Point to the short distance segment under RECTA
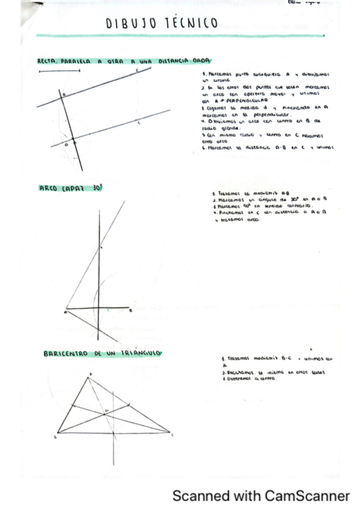(x=58, y=71)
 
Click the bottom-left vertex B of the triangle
(x=58, y=432)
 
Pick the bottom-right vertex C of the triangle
(x=170, y=432)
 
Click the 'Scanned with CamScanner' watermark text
(x=260, y=496)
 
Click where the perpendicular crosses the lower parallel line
(x=73, y=140)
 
